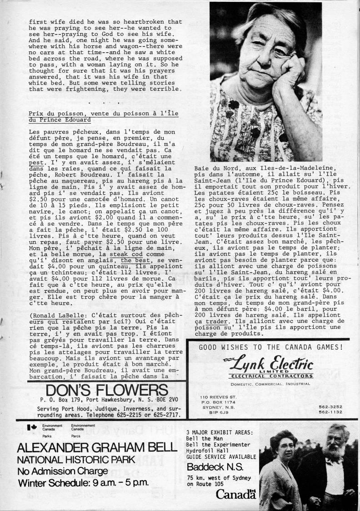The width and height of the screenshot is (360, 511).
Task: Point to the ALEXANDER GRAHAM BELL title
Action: click(96, 448)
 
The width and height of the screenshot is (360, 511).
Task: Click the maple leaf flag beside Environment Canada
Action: click(32, 427)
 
